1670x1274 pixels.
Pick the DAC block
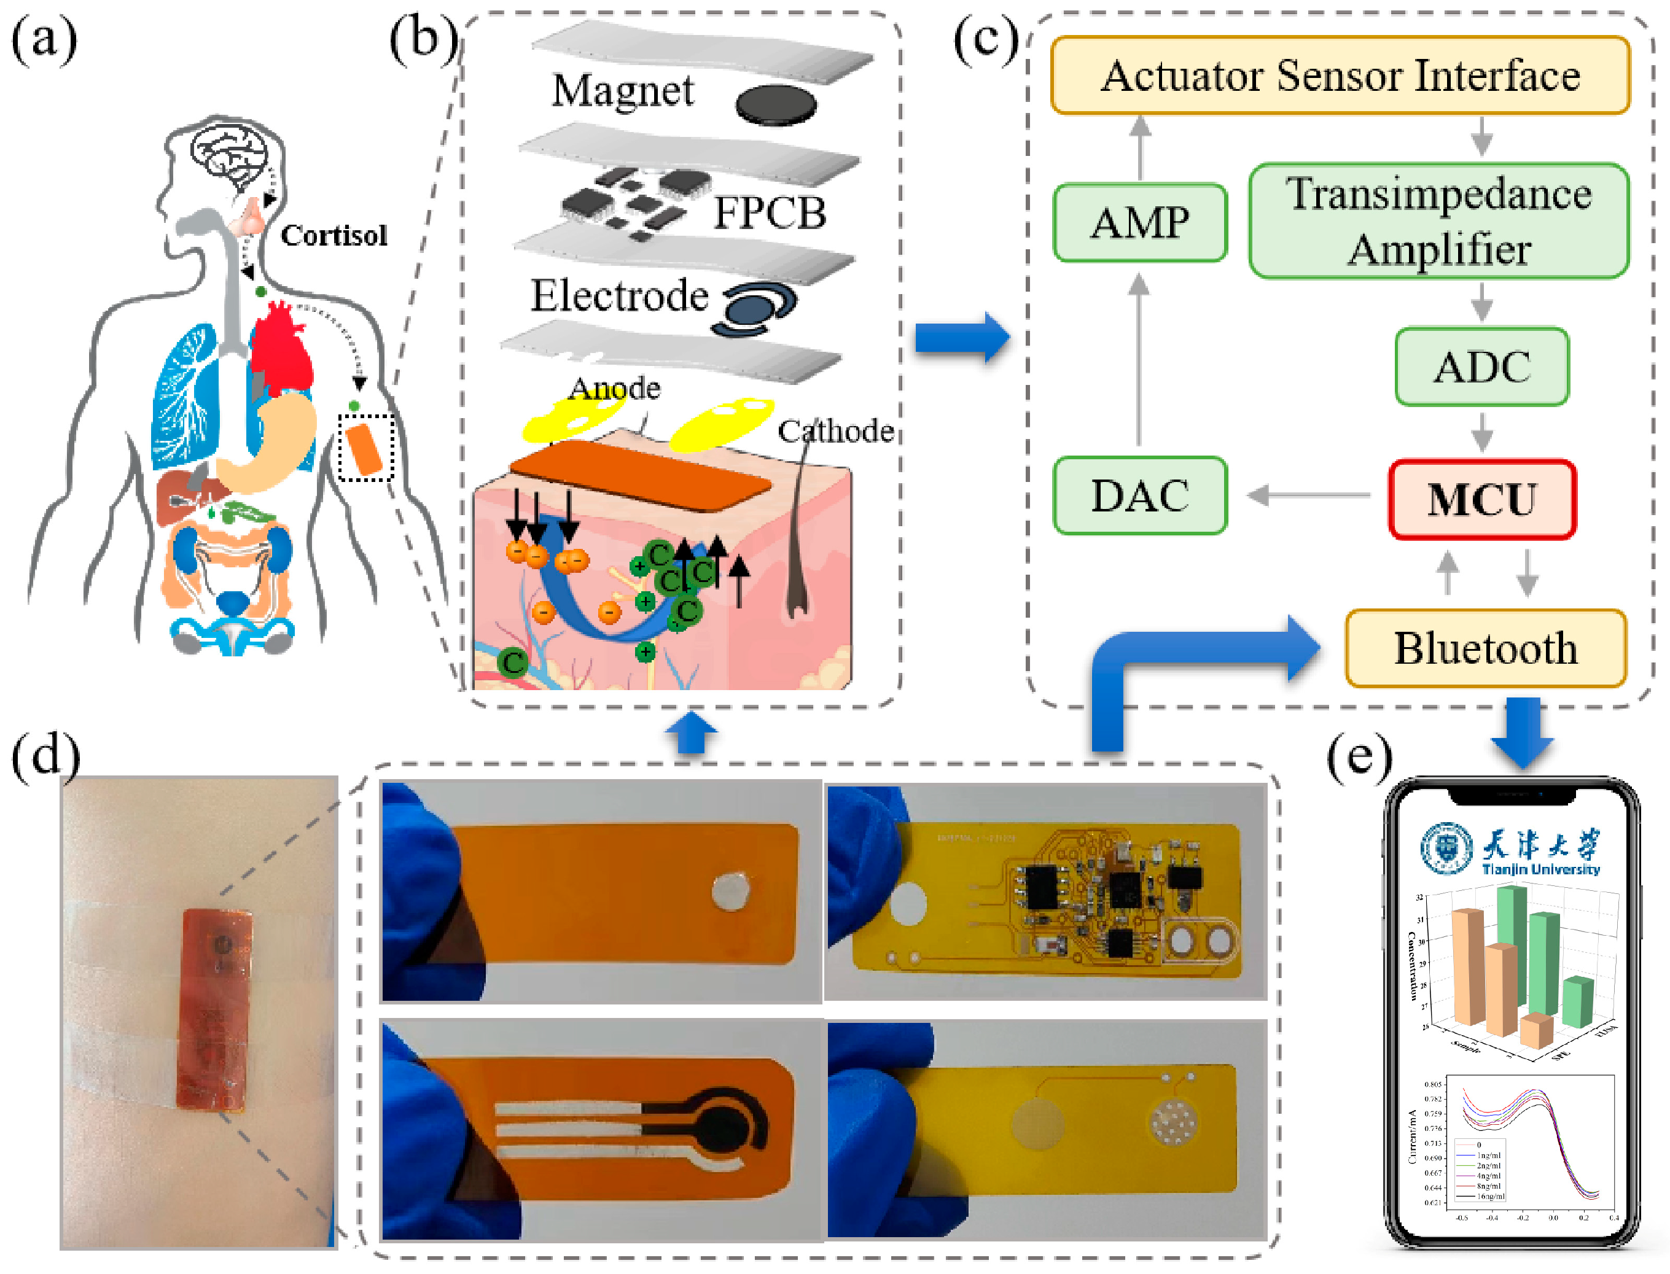click(x=1139, y=496)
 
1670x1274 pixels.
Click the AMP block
click(x=1139, y=223)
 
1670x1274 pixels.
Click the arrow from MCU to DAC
click(x=1308, y=496)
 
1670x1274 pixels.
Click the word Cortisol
click(x=334, y=235)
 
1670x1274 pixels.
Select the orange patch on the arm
click(x=364, y=449)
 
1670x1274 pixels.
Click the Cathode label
click(x=834, y=431)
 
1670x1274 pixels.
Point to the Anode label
click(x=614, y=388)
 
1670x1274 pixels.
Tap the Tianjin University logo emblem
click(x=1446, y=847)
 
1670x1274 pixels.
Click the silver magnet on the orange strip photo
click(x=731, y=890)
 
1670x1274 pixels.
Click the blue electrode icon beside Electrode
click(x=755, y=309)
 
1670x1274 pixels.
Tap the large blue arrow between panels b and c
click(x=962, y=338)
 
